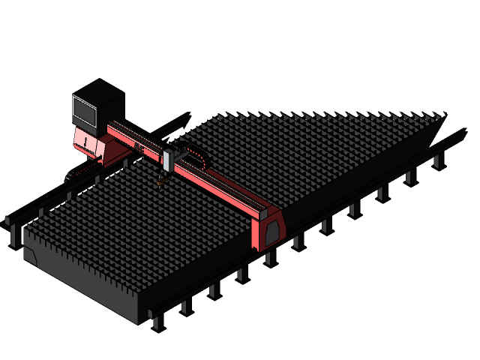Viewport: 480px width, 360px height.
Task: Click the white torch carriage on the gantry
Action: (x=168, y=160)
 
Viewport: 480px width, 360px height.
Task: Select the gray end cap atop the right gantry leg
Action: (x=264, y=212)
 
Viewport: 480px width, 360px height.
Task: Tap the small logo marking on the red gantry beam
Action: (x=140, y=148)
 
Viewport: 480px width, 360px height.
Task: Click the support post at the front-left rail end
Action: (x=9, y=222)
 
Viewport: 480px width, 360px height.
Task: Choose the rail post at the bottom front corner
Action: (x=157, y=322)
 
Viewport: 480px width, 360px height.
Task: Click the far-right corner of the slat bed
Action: (x=444, y=115)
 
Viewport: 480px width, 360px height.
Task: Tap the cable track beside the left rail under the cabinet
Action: (x=75, y=175)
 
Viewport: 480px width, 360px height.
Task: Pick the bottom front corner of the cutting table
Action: (x=139, y=322)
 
